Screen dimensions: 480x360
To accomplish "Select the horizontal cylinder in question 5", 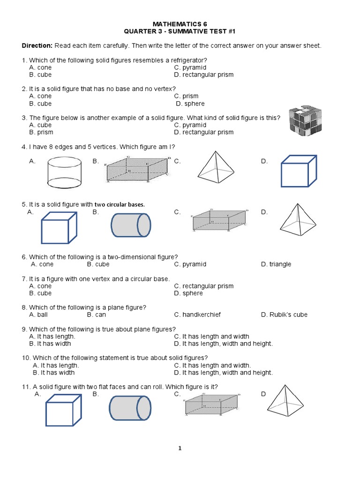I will pyautogui.click(x=131, y=225).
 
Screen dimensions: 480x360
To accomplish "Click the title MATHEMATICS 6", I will pyautogui.click(x=180, y=23).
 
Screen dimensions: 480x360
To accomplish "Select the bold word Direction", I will pyautogui.click(x=37, y=46).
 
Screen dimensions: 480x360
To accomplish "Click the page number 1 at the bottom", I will pyautogui.click(x=180, y=448).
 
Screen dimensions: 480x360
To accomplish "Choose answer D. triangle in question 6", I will pyautogui.click(x=276, y=264).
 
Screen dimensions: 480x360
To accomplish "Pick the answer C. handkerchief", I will pyautogui.click(x=197, y=315).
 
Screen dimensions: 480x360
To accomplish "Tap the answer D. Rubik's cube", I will pyautogui.click(x=284, y=315).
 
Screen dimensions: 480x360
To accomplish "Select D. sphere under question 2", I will pyautogui.click(x=190, y=104).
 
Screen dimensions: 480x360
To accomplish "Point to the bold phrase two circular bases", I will pyautogui.click(x=120, y=205).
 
